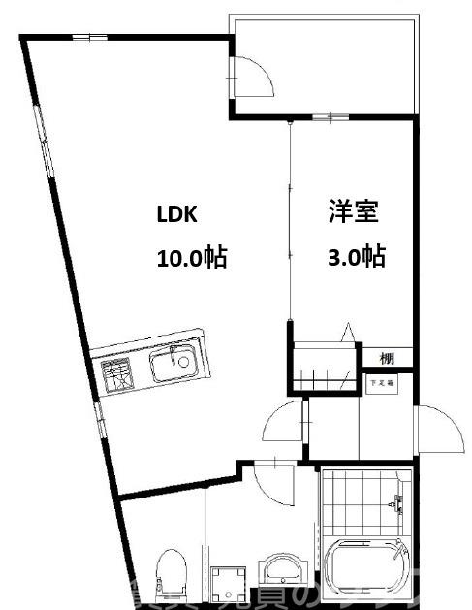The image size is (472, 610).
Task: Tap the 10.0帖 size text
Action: tap(191, 257)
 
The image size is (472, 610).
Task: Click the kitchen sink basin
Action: tap(174, 365)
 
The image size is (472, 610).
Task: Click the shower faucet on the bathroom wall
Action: tap(395, 502)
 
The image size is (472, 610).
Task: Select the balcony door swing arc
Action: tap(254, 76)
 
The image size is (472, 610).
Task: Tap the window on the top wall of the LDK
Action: tap(89, 38)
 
